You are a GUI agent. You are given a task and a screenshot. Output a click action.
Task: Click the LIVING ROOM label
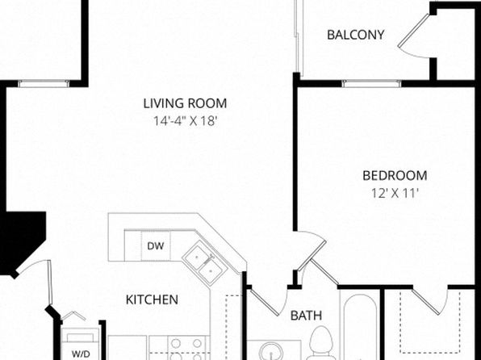click(186, 103)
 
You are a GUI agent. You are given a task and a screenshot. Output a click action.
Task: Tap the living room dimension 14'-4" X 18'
click(186, 121)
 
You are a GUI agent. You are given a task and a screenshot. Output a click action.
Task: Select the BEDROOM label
click(395, 175)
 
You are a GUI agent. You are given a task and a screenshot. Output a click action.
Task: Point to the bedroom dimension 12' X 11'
click(395, 194)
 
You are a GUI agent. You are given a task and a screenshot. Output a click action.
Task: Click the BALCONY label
click(356, 35)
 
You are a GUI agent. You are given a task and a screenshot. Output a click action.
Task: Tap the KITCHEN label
click(152, 299)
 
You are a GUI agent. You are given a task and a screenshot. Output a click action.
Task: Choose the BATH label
click(306, 316)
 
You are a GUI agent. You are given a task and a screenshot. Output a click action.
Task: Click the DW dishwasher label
click(156, 246)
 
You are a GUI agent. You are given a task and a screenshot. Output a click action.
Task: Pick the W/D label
click(81, 354)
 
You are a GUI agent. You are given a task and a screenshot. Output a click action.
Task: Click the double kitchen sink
click(205, 262)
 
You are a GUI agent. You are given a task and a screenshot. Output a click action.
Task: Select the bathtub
click(360, 325)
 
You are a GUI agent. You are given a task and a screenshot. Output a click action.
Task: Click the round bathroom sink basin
click(271, 351)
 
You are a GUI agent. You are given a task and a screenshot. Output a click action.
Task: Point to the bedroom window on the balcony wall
click(371, 83)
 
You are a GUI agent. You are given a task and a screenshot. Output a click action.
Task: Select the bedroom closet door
click(429, 303)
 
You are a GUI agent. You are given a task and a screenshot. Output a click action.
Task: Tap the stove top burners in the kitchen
click(186, 349)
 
